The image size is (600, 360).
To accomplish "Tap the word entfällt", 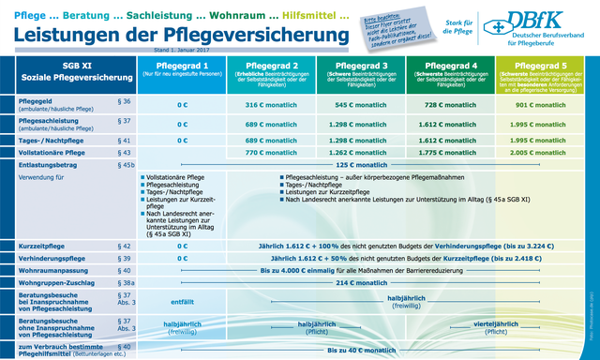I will (x=182, y=301).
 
